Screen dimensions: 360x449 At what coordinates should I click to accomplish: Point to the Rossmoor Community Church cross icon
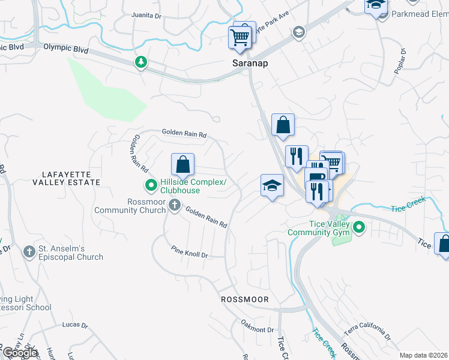click(x=175, y=206)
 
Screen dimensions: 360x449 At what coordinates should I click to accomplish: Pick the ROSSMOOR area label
click(x=244, y=299)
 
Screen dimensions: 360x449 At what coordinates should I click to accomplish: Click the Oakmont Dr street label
click(x=257, y=329)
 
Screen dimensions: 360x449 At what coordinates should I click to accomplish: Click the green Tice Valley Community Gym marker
click(x=359, y=227)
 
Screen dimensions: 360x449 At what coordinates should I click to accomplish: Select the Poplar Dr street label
click(x=402, y=60)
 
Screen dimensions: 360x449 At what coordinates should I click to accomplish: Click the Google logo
click(x=20, y=352)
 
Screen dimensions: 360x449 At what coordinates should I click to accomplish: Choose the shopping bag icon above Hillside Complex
click(x=183, y=164)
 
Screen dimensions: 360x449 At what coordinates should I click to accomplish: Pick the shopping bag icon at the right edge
click(x=443, y=244)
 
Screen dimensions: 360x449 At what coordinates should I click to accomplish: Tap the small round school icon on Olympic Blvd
click(x=298, y=32)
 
